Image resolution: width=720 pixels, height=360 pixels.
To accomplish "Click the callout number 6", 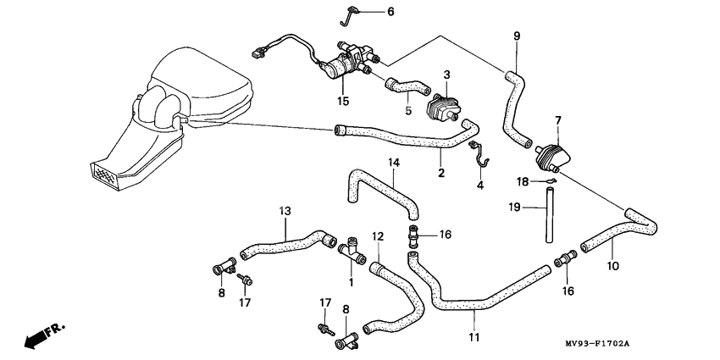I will (390, 13).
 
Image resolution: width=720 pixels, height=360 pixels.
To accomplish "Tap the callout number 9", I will (517, 36).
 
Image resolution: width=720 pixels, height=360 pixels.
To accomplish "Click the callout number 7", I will (558, 121).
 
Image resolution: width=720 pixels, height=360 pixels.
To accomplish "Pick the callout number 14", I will (394, 162).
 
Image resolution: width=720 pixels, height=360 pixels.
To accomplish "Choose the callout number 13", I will (285, 210).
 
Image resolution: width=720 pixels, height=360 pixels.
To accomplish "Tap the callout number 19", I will (514, 207).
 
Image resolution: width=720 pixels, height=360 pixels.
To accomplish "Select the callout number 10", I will (613, 265).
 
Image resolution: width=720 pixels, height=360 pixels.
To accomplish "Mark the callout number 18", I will (523, 181).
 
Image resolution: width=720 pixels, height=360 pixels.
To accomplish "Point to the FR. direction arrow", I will (42, 336).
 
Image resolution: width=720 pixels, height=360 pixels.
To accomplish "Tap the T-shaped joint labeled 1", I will (350, 248).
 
